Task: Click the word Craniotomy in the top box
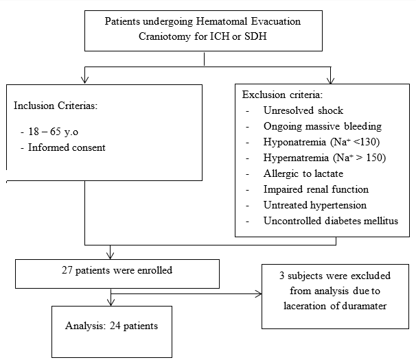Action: (164, 36)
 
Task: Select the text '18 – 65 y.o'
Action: (53, 132)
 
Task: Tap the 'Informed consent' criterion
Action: (67, 147)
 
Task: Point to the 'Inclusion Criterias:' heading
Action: (56, 106)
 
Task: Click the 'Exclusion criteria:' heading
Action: (282, 95)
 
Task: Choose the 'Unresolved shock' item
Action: (303, 110)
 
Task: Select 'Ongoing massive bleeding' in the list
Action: (323, 126)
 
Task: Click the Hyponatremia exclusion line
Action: (321, 142)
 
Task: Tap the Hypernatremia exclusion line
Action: (325, 158)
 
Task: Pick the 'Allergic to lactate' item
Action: (303, 173)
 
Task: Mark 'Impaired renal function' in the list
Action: (316, 189)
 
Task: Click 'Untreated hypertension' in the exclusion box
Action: (315, 205)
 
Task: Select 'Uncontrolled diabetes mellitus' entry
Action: (331, 221)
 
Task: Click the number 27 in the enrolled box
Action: (67, 270)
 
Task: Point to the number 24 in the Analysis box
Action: (115, 326)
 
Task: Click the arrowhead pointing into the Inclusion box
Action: (84, 80)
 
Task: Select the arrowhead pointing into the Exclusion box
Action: (331, 81)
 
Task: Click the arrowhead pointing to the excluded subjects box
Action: (258, 293)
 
